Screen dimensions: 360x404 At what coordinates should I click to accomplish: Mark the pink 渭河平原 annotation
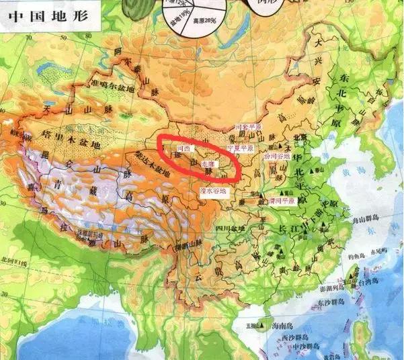click(x=283, y=200)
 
